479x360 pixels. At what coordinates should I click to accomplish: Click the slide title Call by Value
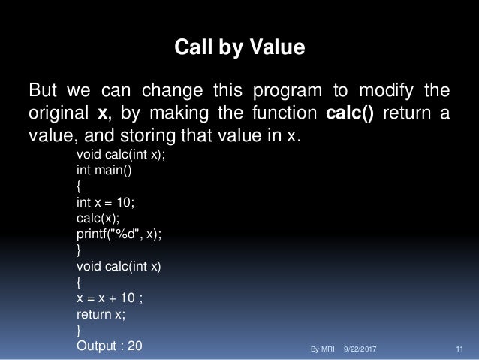point(239,48)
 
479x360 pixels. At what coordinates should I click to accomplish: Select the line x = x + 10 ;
point(110,298)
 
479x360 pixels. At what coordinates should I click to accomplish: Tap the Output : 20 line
point(109,346)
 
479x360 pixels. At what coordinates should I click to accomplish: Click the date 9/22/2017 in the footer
point(360,349)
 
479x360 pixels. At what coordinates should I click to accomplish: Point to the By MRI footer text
point(322,349)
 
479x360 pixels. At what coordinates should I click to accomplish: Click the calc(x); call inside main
point(96,218)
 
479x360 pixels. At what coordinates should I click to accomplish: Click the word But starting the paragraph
point(43,92)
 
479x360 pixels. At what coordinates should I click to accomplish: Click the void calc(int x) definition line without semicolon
point(119,266)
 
